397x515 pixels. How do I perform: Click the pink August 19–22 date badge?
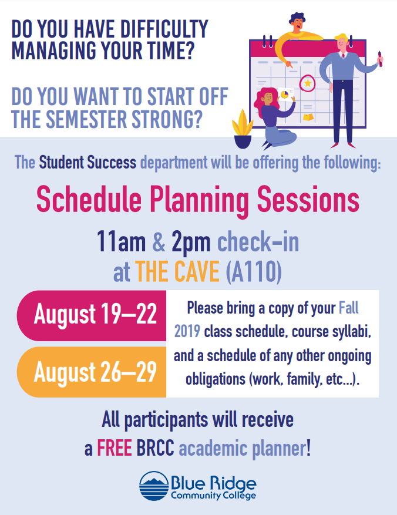[x=92, y=315]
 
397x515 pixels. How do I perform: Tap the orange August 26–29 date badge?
[x=92, y=372]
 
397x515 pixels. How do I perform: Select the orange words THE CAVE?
[x=177, y=271]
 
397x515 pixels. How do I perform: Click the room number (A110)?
[x=254, y=272]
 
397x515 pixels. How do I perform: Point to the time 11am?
[x=121, y=242]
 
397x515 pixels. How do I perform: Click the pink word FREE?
[x=115, y=448]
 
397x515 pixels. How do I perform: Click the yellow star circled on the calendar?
[x=308, y=83]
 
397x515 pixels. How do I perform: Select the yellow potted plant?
[x=243, y=129]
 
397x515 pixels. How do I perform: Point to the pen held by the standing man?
[x=380, y=59]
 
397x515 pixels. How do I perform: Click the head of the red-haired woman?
[x=265, y=97]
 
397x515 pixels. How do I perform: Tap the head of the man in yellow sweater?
[x=297, y=22]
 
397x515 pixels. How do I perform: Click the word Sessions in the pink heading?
[x=308, y=200]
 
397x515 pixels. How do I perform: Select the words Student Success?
[x=88, y=162]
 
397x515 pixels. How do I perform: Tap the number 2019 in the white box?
[x=187, y=331]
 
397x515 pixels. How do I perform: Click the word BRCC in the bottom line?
[x=155, y=448]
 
